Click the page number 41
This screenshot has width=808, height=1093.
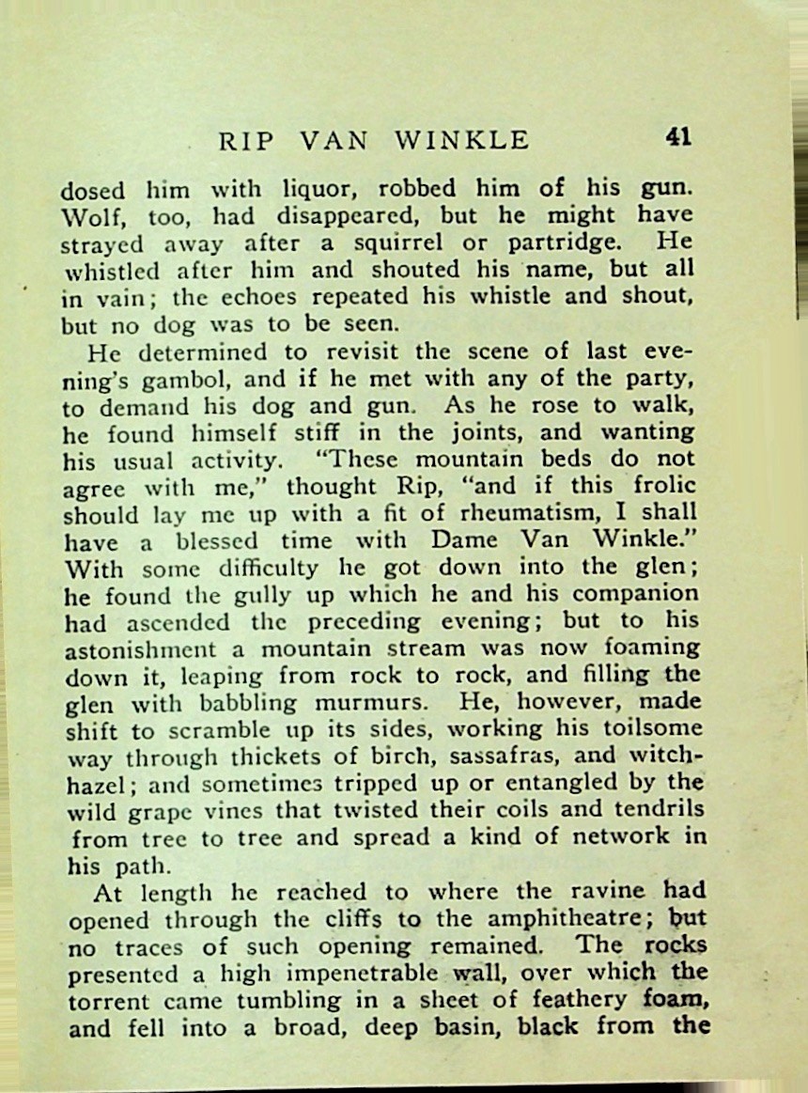[x=678, y=136]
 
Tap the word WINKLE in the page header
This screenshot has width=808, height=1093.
[x=462, y=141]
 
